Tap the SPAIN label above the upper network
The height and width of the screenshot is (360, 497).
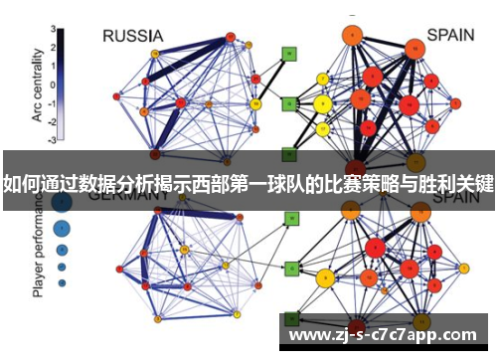pos(450,35)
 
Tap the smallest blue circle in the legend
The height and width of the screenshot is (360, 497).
pos(62,283)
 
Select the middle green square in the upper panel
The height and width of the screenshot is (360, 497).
pos(288,102)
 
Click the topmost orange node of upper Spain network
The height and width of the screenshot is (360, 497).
pos(351,37)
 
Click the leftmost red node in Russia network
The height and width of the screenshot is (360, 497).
pos(116,96)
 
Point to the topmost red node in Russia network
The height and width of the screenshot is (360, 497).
pos(230,37)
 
